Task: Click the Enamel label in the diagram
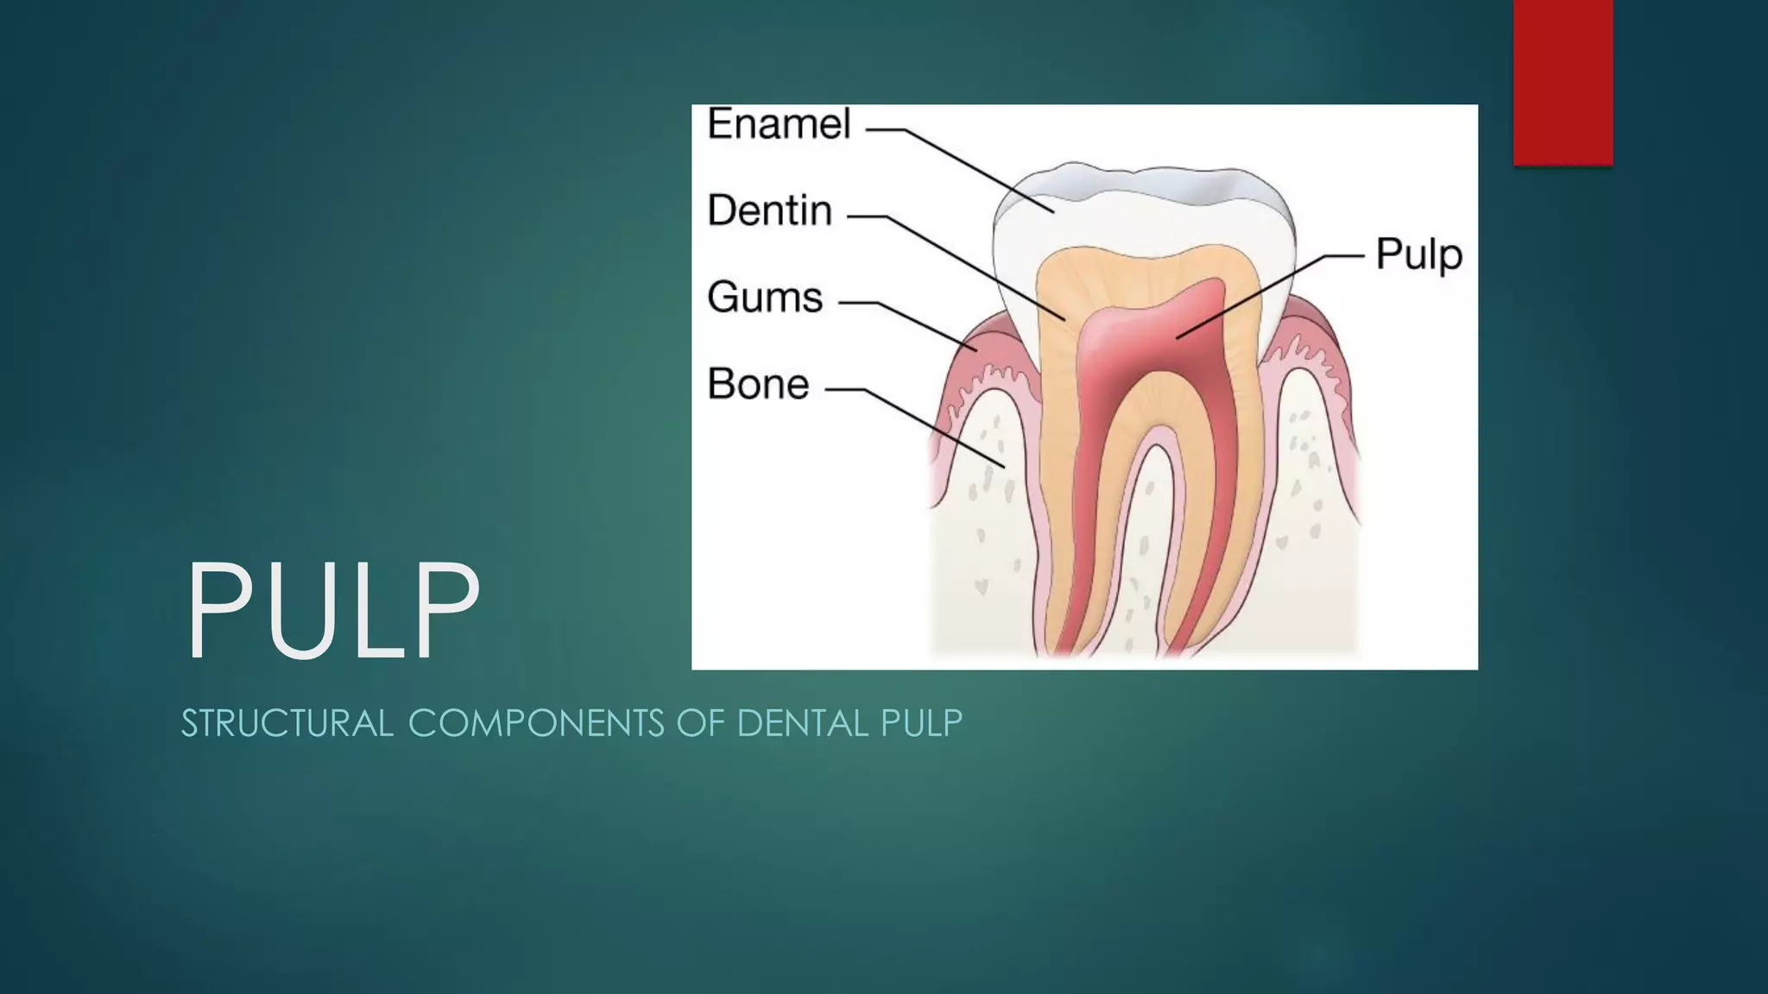tap(779, 124)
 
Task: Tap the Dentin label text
tap(769, 211)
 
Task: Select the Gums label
tap(765, 298)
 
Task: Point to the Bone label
tap(758, 385)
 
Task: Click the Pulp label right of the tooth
tap(1418, 255)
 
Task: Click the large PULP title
tap(332, 611)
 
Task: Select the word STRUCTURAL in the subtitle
tap(287, 723)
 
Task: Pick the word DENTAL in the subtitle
tap(802, 723)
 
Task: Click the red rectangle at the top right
tap(1563, 82)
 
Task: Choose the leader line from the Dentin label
tap(967, 263)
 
